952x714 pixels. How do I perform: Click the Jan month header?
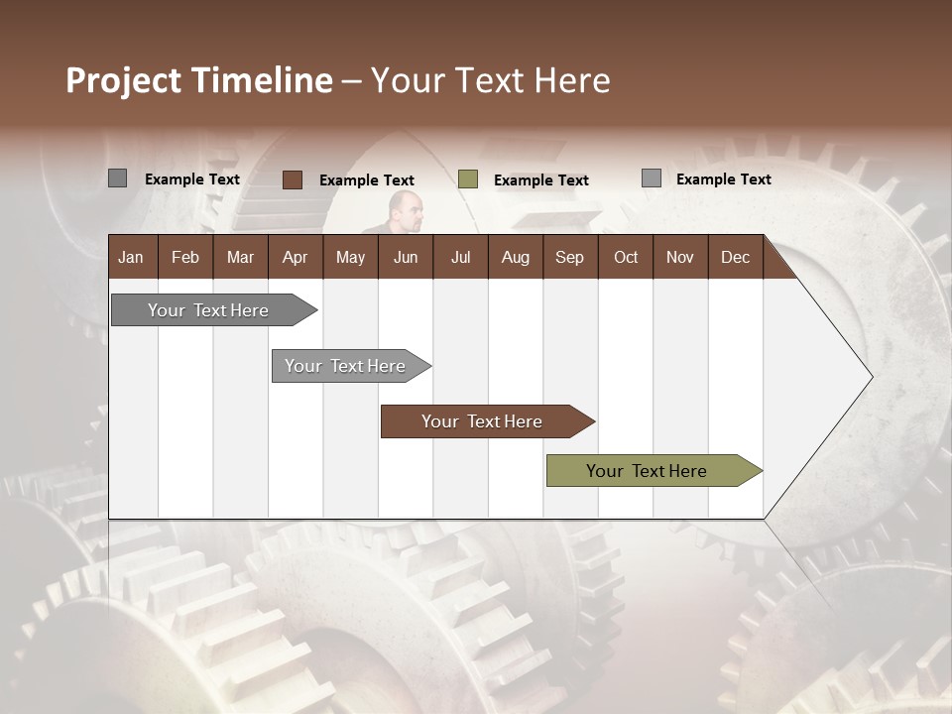coord(132,257)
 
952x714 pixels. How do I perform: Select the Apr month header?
coord(295,257)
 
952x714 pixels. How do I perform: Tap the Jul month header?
coord(460,257)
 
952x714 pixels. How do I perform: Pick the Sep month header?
coord(569,257)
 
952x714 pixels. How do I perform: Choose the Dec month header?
coord(735,257)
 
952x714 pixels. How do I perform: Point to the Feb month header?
coord(185,257)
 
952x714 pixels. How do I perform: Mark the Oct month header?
coord(626,257)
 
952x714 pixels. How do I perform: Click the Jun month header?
coord(406,257)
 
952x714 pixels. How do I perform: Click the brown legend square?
coord(293,179)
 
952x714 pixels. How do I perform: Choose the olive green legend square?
coord(468,179)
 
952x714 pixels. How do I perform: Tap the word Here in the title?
coord(572,80)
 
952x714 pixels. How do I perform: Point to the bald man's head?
coord(405,208)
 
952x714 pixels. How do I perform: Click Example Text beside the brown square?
coord(366,180)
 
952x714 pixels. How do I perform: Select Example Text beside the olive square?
coord(540,180)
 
